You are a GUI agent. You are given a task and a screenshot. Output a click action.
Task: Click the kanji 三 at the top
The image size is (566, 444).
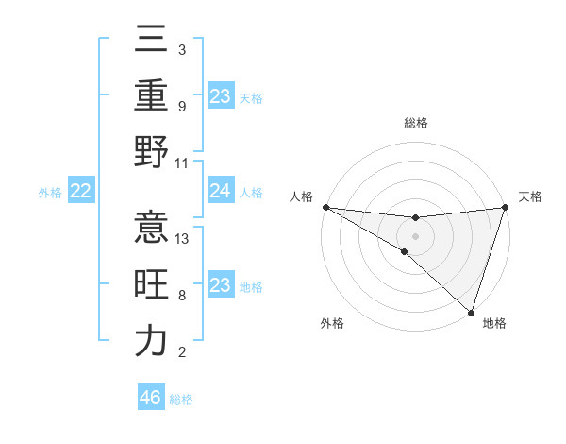pyautogui.click(x=151, y=44)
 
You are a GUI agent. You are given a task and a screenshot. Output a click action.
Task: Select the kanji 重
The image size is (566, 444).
pyautogui.click(x=151, y=96)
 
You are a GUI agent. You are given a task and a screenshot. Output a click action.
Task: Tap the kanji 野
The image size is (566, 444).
pyautogui.click(x=151, y=151)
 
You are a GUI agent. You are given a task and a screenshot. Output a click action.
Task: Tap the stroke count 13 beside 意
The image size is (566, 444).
pyautogui.click(x=183, y=239)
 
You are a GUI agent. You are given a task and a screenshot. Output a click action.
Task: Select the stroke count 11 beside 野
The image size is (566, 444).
pyautogui.click(x=183, y=162)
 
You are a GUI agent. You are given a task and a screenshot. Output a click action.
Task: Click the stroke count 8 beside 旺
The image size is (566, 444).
pyautogui.click(x=182, y=296)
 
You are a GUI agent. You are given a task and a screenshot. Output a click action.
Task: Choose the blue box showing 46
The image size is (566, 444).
pyautogui.click(x=151, y=398)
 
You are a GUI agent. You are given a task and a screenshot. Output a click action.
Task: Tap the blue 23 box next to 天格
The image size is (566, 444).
pyautogui.click(x=220, y=96)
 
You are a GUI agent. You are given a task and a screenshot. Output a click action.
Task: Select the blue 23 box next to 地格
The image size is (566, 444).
pyautogui.click(x=220, y=286)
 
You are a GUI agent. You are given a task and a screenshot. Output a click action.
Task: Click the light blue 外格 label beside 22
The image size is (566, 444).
pyautogui.click(x=50, y=193)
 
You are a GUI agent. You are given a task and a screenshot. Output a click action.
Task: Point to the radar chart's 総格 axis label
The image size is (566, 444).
pyautogui.click(x=415, y=123)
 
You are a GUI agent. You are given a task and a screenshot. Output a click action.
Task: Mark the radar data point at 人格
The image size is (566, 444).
pyautogui.click(x=325, y=207)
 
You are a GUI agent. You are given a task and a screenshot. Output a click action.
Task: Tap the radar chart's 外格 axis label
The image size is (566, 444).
pyautogui.click(x=332, y=324)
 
